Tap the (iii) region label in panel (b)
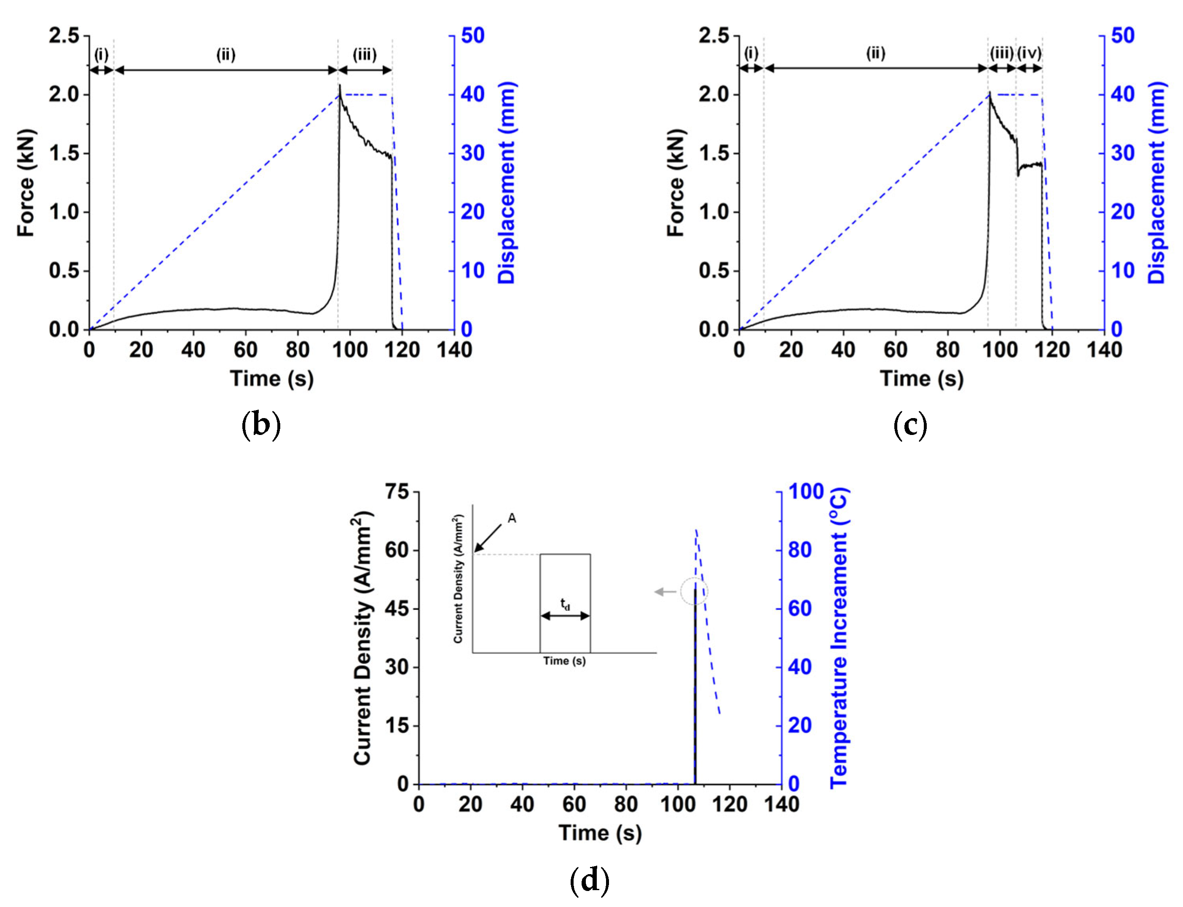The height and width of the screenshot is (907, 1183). pos(365,54)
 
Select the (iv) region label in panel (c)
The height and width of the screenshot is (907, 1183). pos(1029,54)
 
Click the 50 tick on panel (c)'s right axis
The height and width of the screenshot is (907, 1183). pos(1123,36)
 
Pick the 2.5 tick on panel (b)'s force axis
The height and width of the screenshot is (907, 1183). pos(63,36)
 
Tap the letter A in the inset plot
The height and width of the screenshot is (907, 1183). pos(512,518)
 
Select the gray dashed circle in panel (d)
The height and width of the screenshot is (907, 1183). pos(694,592)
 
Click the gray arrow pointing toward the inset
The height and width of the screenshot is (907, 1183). pos(665,592)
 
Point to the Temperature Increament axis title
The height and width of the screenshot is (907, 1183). pos(839,638)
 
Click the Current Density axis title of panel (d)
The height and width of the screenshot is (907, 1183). pos(363,638)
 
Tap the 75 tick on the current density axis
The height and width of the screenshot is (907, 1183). pos(397,491)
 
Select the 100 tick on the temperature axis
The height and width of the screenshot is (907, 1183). pos(805,491)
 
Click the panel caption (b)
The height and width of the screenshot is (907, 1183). pos(261,424)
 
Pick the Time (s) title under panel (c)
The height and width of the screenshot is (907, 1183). pos(922,378)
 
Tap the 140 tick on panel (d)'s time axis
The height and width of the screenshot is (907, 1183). pos(781,805)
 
